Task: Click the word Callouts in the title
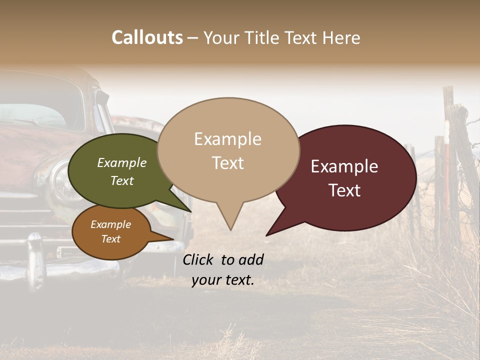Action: pos(147,37)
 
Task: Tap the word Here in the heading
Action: pos(342,37)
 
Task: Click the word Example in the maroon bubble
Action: pos(344,166)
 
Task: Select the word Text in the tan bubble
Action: pos(228,163)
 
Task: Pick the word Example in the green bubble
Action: pos(122,162)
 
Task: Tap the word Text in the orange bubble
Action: pos(111,239)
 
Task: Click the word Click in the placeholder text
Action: pos(198,259)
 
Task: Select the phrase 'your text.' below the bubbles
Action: pos(223,280)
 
